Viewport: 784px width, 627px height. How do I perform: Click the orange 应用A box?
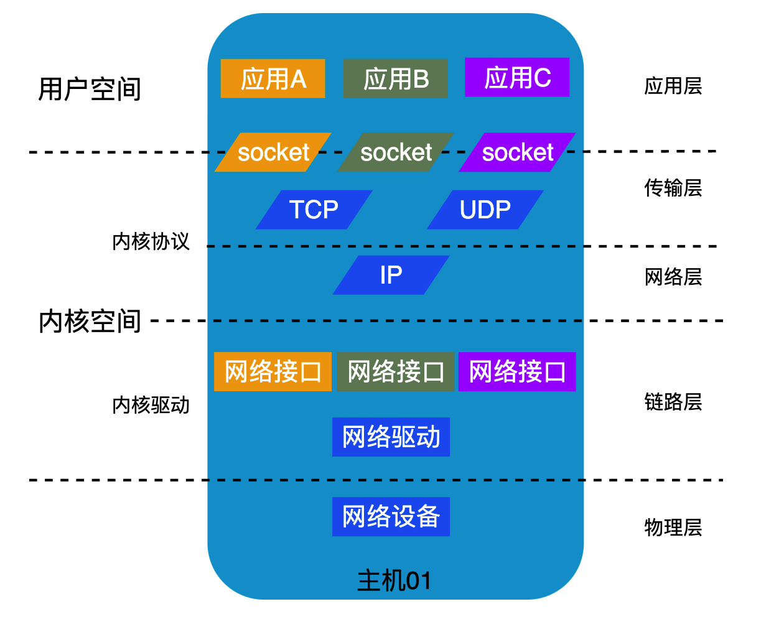[x=273, y=78]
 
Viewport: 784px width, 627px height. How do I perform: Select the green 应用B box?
[x=395, y=78]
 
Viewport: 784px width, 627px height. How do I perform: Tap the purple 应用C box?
[x=517, y=77]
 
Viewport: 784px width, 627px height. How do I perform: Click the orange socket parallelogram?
[x=273, y=152]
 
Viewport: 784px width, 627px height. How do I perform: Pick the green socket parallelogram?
[x=396, y=152]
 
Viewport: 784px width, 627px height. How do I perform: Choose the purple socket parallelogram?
[x=517, y=152]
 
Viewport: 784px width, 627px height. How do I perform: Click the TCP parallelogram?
[x=314, y=210]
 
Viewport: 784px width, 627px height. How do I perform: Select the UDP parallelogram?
[x=485, y=210]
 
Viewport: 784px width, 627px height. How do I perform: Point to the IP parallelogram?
[x=391, y=275]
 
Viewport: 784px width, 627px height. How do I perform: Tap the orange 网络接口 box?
[x=273, y=372]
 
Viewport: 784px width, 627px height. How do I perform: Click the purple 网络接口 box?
[x=517, y=372]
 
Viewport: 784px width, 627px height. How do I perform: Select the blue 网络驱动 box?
[x=391, y=437]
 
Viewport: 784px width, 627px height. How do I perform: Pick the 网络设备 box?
[x=391, y=516]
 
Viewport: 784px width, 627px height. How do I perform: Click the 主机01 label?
[x=394, y=581]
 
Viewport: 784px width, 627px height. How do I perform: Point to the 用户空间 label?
[x=90, y=89]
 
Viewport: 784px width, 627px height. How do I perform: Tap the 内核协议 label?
[x=151, y=241]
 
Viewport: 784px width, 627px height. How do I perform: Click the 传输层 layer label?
[x=673, y=187]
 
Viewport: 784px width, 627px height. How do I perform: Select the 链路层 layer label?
[x=673, y=402]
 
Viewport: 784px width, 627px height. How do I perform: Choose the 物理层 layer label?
[x=673, y=527]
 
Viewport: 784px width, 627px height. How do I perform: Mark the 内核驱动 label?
[x=151, y=405]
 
